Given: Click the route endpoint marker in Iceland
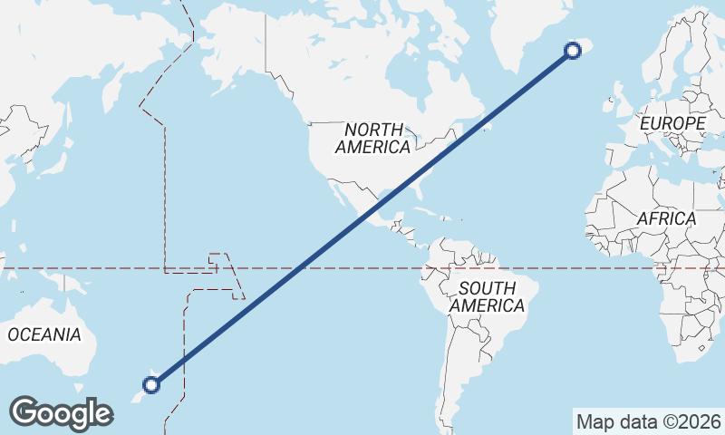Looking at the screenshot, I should tap(573, 51).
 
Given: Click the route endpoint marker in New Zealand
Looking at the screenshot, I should tap(151, 385).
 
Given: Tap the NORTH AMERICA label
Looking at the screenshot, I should tap(372, 138).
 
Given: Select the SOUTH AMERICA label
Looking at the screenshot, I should tap(487, 297).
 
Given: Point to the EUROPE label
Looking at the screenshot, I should tap(672, 122).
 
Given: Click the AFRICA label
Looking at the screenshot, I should tap(666, 218).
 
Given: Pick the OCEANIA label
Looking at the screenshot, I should tap(44, 334).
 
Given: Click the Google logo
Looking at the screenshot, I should tap(61, 412).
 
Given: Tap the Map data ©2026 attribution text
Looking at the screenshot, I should tap(648, 421).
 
